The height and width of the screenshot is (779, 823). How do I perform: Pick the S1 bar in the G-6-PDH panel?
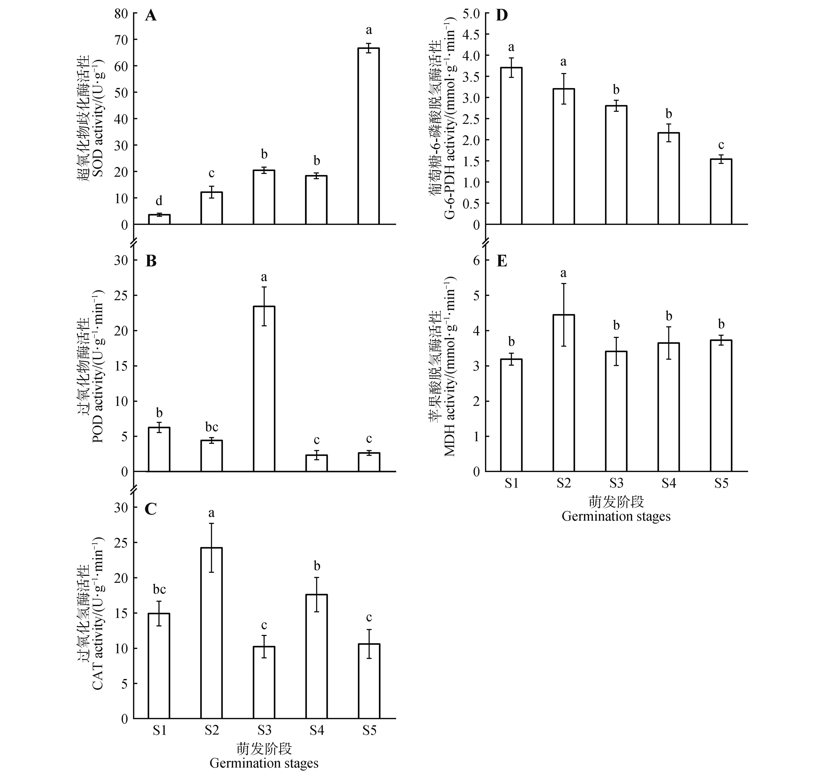[x=511, y=146]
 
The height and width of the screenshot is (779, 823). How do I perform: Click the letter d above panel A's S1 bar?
[x=159, y=201]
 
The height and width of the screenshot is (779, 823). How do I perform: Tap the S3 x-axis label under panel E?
[x=616, y=483]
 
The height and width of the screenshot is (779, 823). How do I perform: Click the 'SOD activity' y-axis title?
[x=98, y=118]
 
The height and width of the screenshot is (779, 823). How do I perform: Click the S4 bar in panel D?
[x=668, y=179]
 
